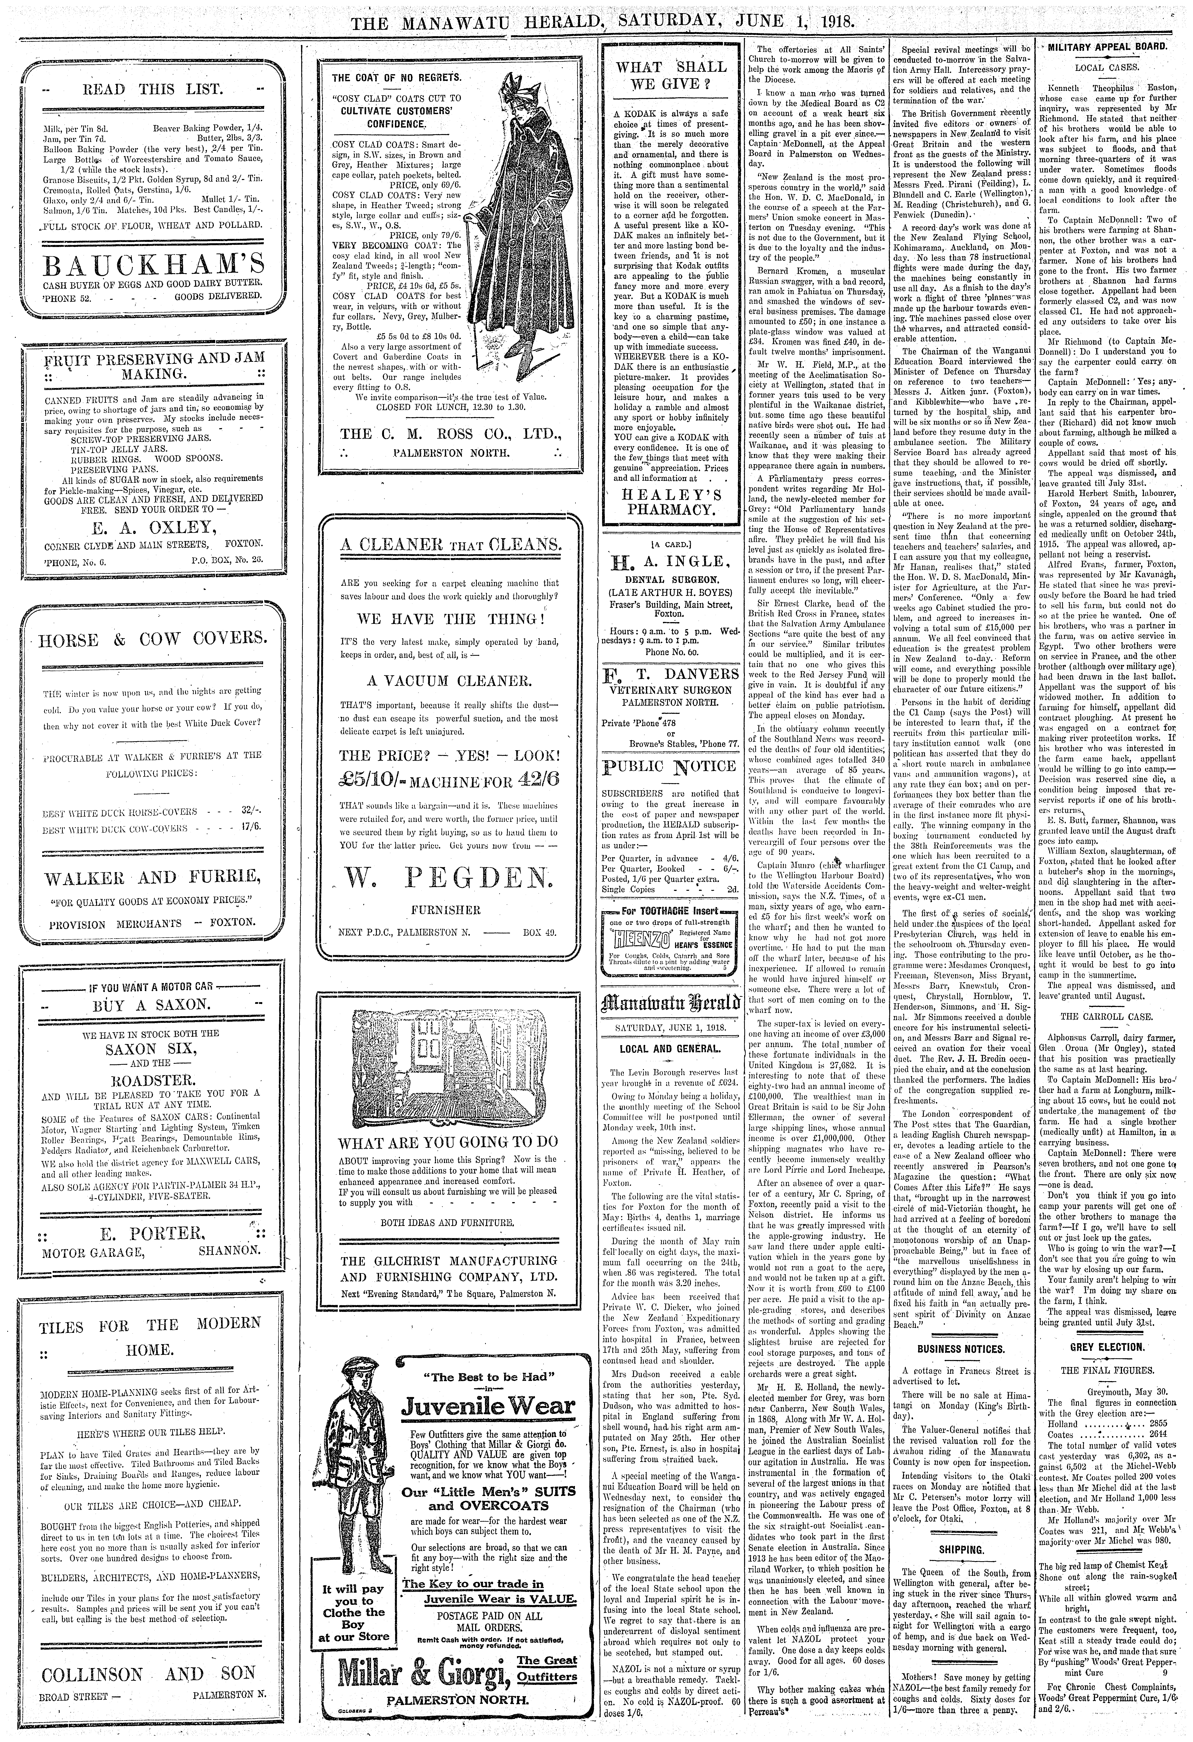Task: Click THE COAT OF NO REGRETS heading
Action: click(396, 77)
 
